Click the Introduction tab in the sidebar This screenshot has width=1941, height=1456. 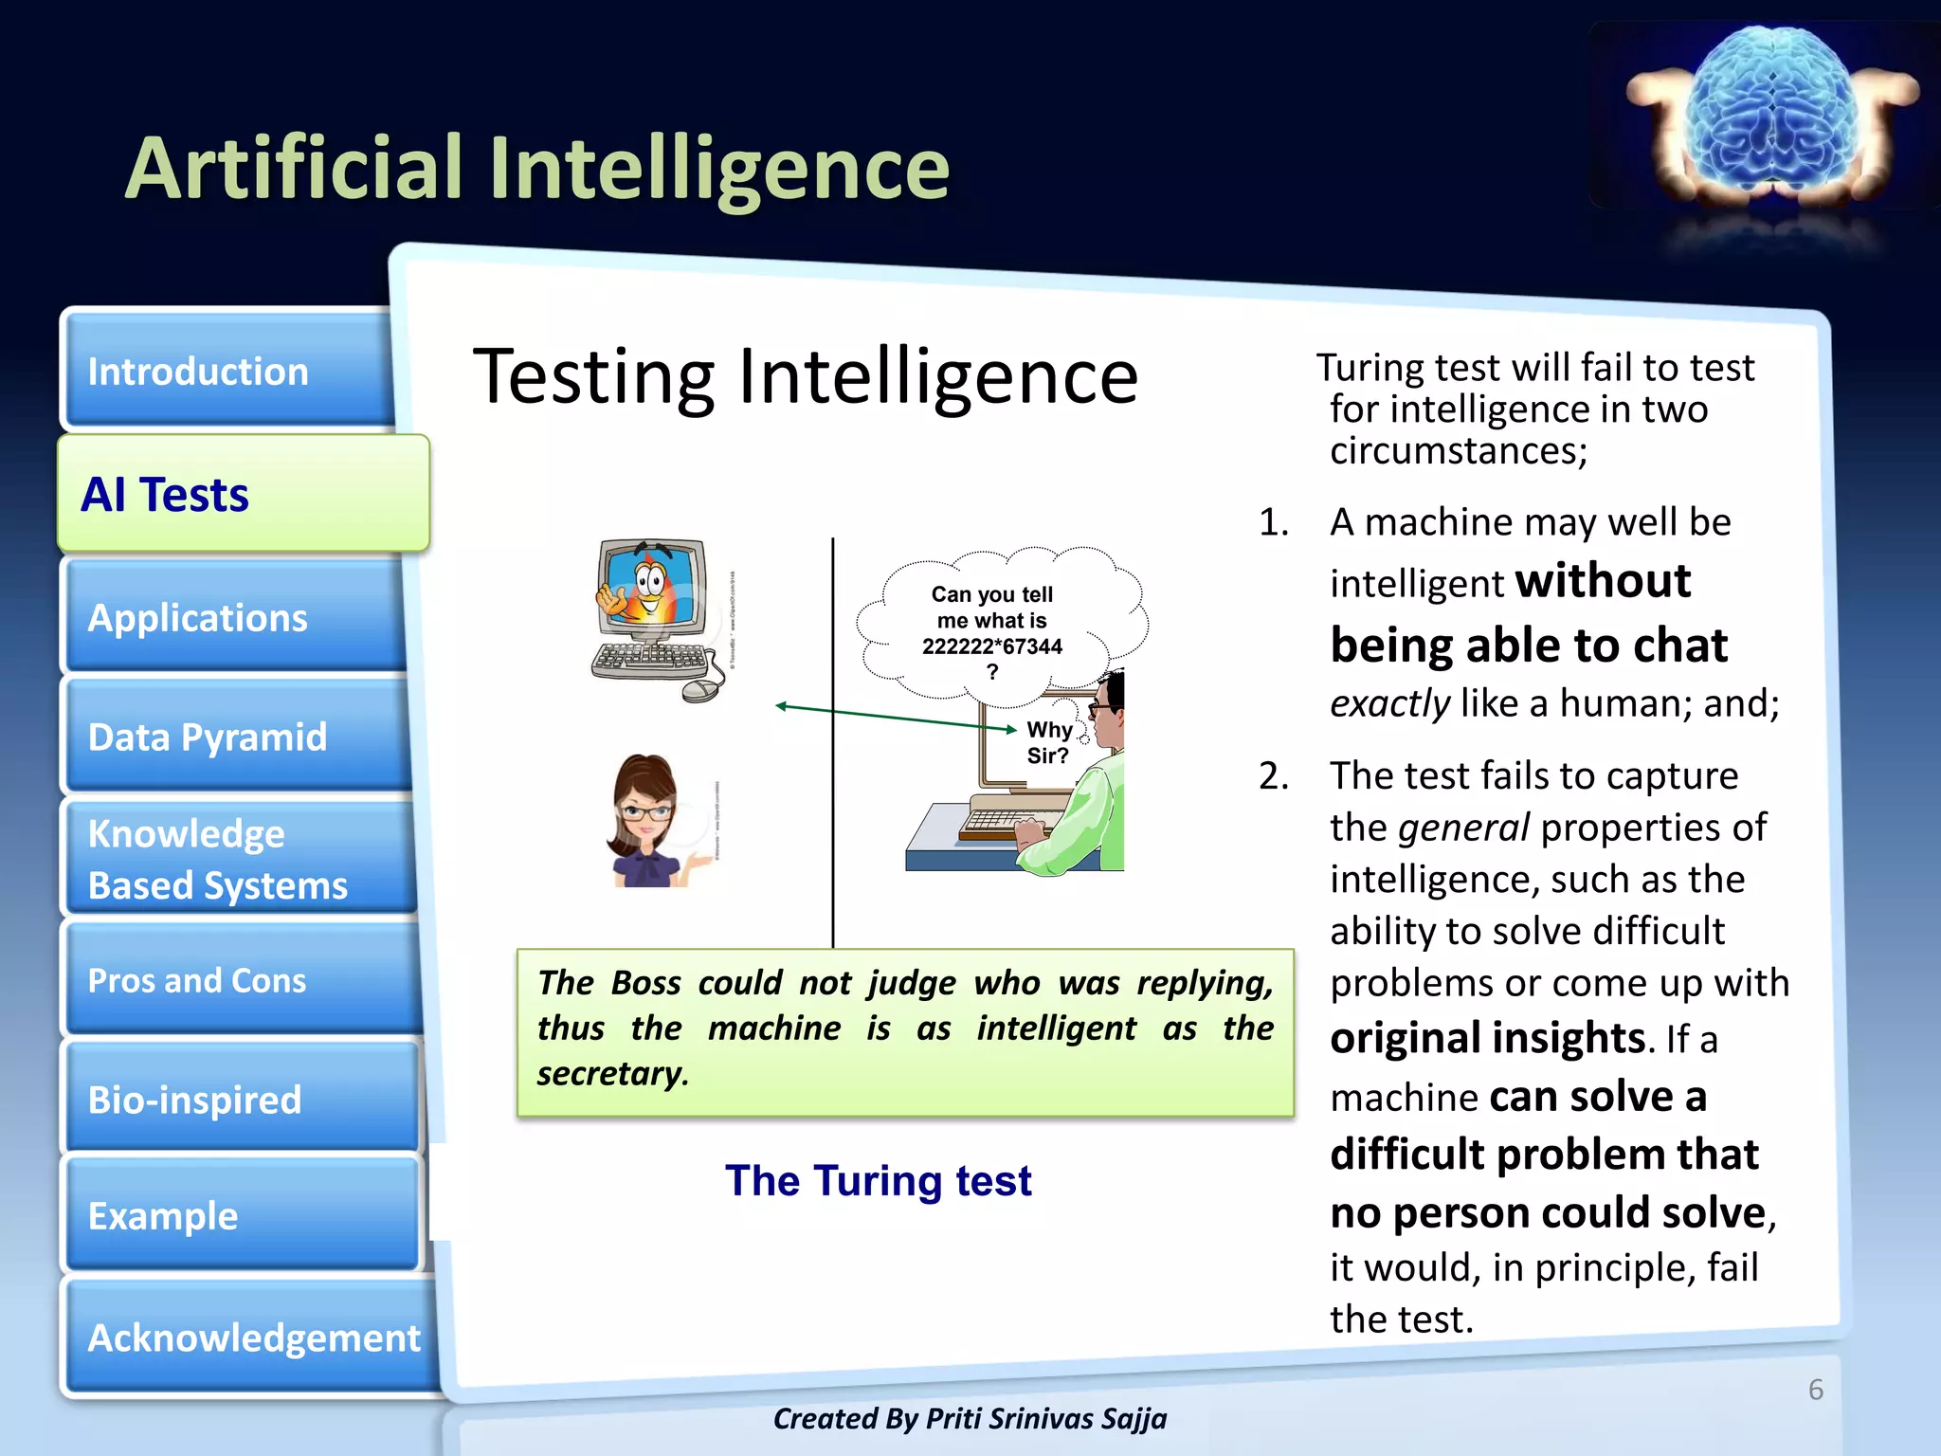coord(227,372)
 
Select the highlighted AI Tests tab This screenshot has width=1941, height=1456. coord(243,494)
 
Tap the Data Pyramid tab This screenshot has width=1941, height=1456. coord(237,737)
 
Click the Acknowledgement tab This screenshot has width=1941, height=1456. coord(252,1338)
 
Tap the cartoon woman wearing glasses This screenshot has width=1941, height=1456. coord(650,821)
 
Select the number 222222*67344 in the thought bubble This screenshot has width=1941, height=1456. coord(992,646)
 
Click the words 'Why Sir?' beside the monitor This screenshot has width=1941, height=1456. coord(1048,742)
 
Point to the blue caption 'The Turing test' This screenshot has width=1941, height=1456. coord(878,1181)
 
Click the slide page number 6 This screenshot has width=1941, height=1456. coord(1815,1390)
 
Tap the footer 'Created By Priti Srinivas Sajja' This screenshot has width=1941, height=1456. coord(970,1418)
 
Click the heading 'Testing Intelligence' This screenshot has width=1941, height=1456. coord(805,376)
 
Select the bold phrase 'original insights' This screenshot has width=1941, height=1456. coord(1487,1038)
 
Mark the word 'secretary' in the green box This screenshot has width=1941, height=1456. coord(609,1073)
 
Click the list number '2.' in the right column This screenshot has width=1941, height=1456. coord(1273,776)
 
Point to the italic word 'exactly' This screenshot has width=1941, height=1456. coord(1389,703)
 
